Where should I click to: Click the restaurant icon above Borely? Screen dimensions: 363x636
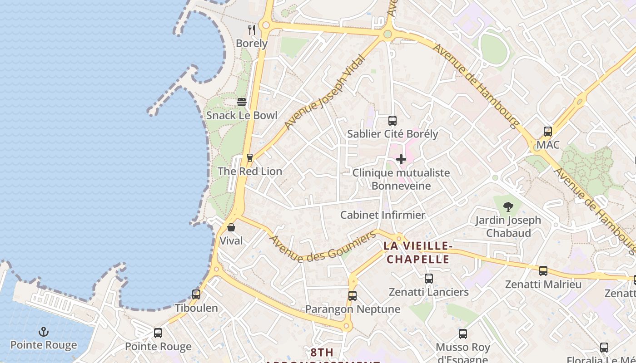point(252,30)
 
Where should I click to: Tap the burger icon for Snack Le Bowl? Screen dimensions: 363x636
point(242,102)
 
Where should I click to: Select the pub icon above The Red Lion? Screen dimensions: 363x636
point(249,158)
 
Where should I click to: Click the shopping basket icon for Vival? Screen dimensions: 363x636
point(231,227)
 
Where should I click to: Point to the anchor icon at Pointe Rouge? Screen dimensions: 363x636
point(44,332)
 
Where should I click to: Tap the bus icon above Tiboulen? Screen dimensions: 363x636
point(196,294)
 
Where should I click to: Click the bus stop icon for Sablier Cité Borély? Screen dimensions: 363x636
point(393,121)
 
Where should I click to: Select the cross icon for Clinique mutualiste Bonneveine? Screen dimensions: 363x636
point(401,159)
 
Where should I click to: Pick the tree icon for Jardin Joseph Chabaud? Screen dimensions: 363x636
point(508,207)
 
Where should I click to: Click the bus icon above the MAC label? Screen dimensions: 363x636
point(548,132)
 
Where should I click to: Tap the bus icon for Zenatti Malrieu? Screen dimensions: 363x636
point(543,271)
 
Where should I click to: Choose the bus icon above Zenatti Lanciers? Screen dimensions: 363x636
point(429,279)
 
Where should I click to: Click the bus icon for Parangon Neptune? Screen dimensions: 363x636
point(353,296)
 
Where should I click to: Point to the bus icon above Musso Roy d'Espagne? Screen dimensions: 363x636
point(463,334)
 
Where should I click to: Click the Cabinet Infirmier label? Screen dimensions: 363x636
point(383,215)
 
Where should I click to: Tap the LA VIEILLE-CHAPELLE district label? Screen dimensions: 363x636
point(417,253)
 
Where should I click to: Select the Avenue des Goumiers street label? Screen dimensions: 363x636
point(323,246)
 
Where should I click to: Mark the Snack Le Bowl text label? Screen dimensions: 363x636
point(242,115)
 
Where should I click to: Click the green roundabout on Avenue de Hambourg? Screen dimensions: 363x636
point(388,34)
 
